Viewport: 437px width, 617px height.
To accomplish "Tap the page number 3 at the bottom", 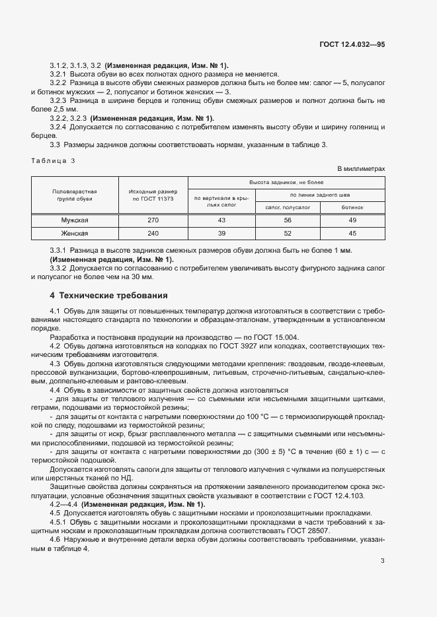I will pyautogui.click(x=382, y=562).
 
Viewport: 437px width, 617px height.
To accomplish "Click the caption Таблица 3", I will pyautogui.click(x=54, y=160).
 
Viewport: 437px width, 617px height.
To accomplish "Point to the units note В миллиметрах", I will pyautogui.click(x=361, y=170).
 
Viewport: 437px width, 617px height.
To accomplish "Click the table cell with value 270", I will pyautogui.click(x=153, y=221).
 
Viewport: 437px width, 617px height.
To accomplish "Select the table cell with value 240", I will pyautogui.click(x=153, y=233).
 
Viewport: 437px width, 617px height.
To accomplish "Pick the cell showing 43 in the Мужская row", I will pyautogui.click(x=221, y=221).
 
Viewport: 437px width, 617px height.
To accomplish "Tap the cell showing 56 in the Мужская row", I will pyautogui.click(x=288, y=221).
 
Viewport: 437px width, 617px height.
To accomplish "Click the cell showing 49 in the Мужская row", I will pyautogui.click(x=352, y=221).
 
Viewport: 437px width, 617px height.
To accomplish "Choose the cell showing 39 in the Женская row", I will pyautogui.click(x=221, y=233).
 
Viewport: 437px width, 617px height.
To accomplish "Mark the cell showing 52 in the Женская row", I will pyautogui.click(x=288, y=233).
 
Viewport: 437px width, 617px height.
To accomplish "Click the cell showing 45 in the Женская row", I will pyautogui.click(x=352, y=233).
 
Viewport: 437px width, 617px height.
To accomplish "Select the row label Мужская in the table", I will pyautogui.click(x=75, y=221).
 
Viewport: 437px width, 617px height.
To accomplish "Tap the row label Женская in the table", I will pyautogui.click(x=75, y=233).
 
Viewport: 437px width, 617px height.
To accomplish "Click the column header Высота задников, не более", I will pyautogui.click(x=286, y=181).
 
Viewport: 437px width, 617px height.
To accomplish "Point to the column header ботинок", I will pyautogui.click(x=352, y=207).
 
